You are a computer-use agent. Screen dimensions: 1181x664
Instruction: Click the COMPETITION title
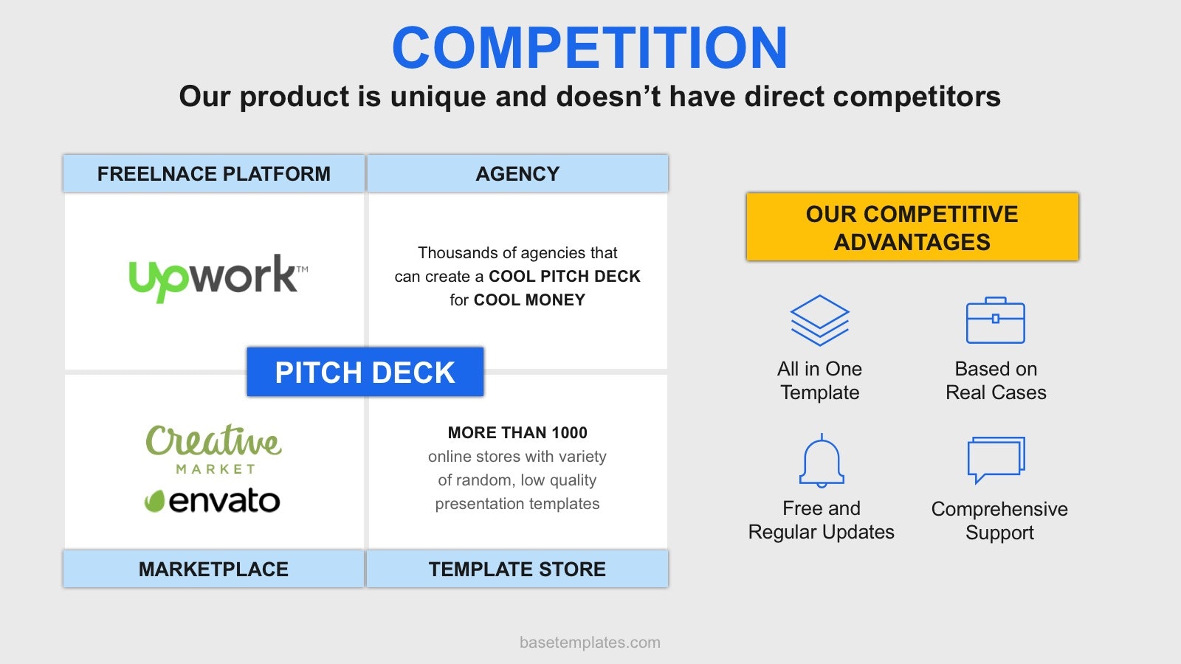tap(590, 47)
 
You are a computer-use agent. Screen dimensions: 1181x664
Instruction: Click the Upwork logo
tap(218, 278)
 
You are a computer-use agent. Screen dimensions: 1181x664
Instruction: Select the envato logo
tap(213, 500)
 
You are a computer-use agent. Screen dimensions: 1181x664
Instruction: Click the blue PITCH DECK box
tap(365, 372)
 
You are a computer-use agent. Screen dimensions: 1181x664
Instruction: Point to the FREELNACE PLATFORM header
tap(213, 173)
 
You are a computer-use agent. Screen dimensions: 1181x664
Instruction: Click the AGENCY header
tap(517, 173)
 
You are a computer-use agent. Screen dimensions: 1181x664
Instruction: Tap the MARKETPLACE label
tap(213, 569)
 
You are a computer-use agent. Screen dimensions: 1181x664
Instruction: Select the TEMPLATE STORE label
tap(517, 569)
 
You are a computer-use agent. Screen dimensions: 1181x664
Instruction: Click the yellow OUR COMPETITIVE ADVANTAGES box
tap(912, 226)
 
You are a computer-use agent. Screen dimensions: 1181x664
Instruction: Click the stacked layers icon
tap(819, 320)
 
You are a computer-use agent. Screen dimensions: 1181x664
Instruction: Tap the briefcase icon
tap(996, 320)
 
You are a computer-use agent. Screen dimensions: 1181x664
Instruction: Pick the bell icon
tap(822, 461)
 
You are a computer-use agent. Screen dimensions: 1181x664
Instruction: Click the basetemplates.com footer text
tap(590, 643)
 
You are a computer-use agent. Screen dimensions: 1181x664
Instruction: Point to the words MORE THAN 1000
tap(517, 432)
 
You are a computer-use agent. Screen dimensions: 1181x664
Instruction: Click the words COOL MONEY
tap(529, 300)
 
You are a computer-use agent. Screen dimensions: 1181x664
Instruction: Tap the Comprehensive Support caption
tap(999, 521)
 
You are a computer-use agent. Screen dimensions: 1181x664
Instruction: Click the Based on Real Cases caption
tap(996, 381)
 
